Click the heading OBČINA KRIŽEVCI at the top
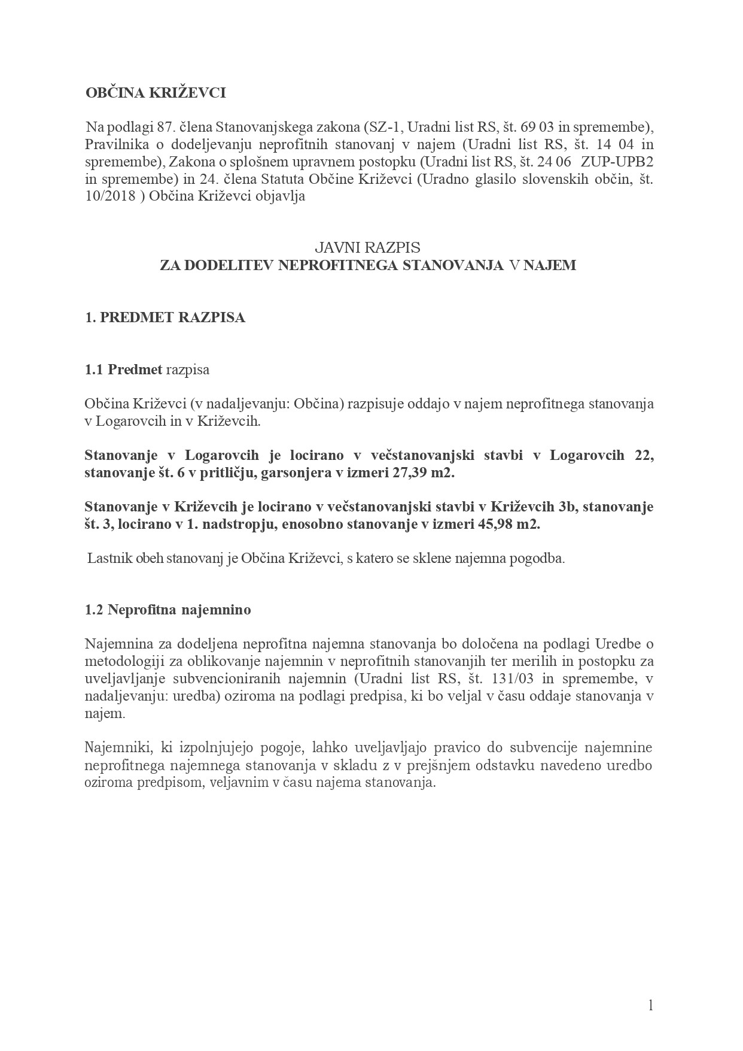(155, 93)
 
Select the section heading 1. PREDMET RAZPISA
(165, 317)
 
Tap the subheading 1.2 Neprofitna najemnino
(168, 610)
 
